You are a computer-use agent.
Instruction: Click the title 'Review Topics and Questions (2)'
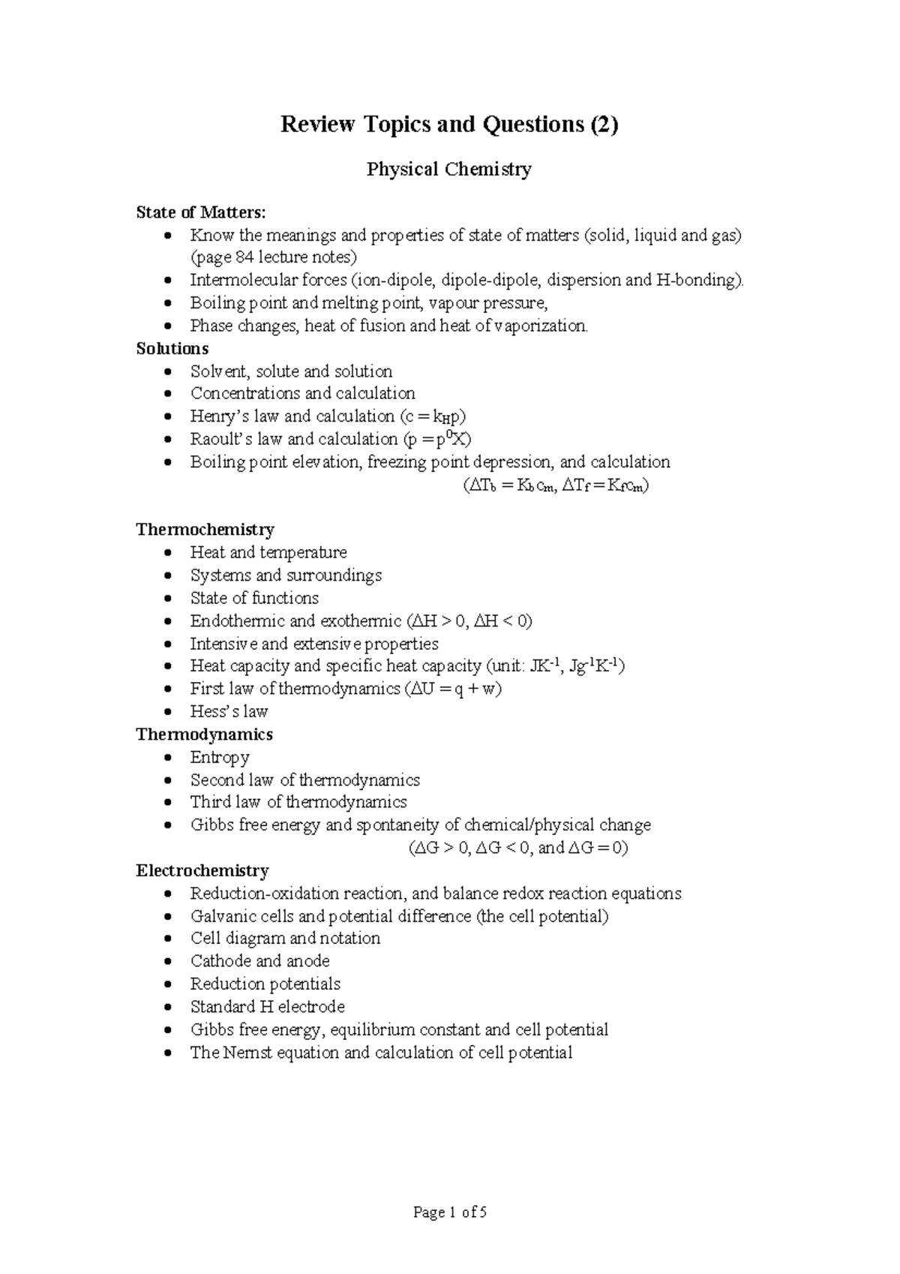pyautogui.click(x=448, y=124)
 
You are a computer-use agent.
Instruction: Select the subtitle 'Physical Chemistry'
pyautogui.click(x=448, y=170)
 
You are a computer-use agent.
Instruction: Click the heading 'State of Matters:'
pyautogui.click(x=200, y=212)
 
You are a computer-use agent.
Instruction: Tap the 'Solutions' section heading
pyautogui.click(x=172, y=349)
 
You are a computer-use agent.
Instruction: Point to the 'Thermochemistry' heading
pyautogui.click(x=205, y=530)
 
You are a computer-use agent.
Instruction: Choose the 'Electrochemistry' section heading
pyautogui.click(x=202, y=871)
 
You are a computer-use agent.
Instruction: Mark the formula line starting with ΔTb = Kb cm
pyautogui.click(x=555, y=485)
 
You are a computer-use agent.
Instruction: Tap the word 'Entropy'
pyautogui.click(x=219, y=757)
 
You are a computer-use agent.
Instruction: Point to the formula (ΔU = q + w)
pyautogui.click(x=453, y=689)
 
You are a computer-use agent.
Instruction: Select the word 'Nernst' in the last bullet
pyautogui.click(x=247, y=1053)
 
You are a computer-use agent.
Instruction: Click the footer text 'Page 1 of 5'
pyautogui.click(x=450, y=1212)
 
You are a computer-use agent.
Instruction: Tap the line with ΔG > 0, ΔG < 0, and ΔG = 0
pyautogui.click(x=518, y=849)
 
